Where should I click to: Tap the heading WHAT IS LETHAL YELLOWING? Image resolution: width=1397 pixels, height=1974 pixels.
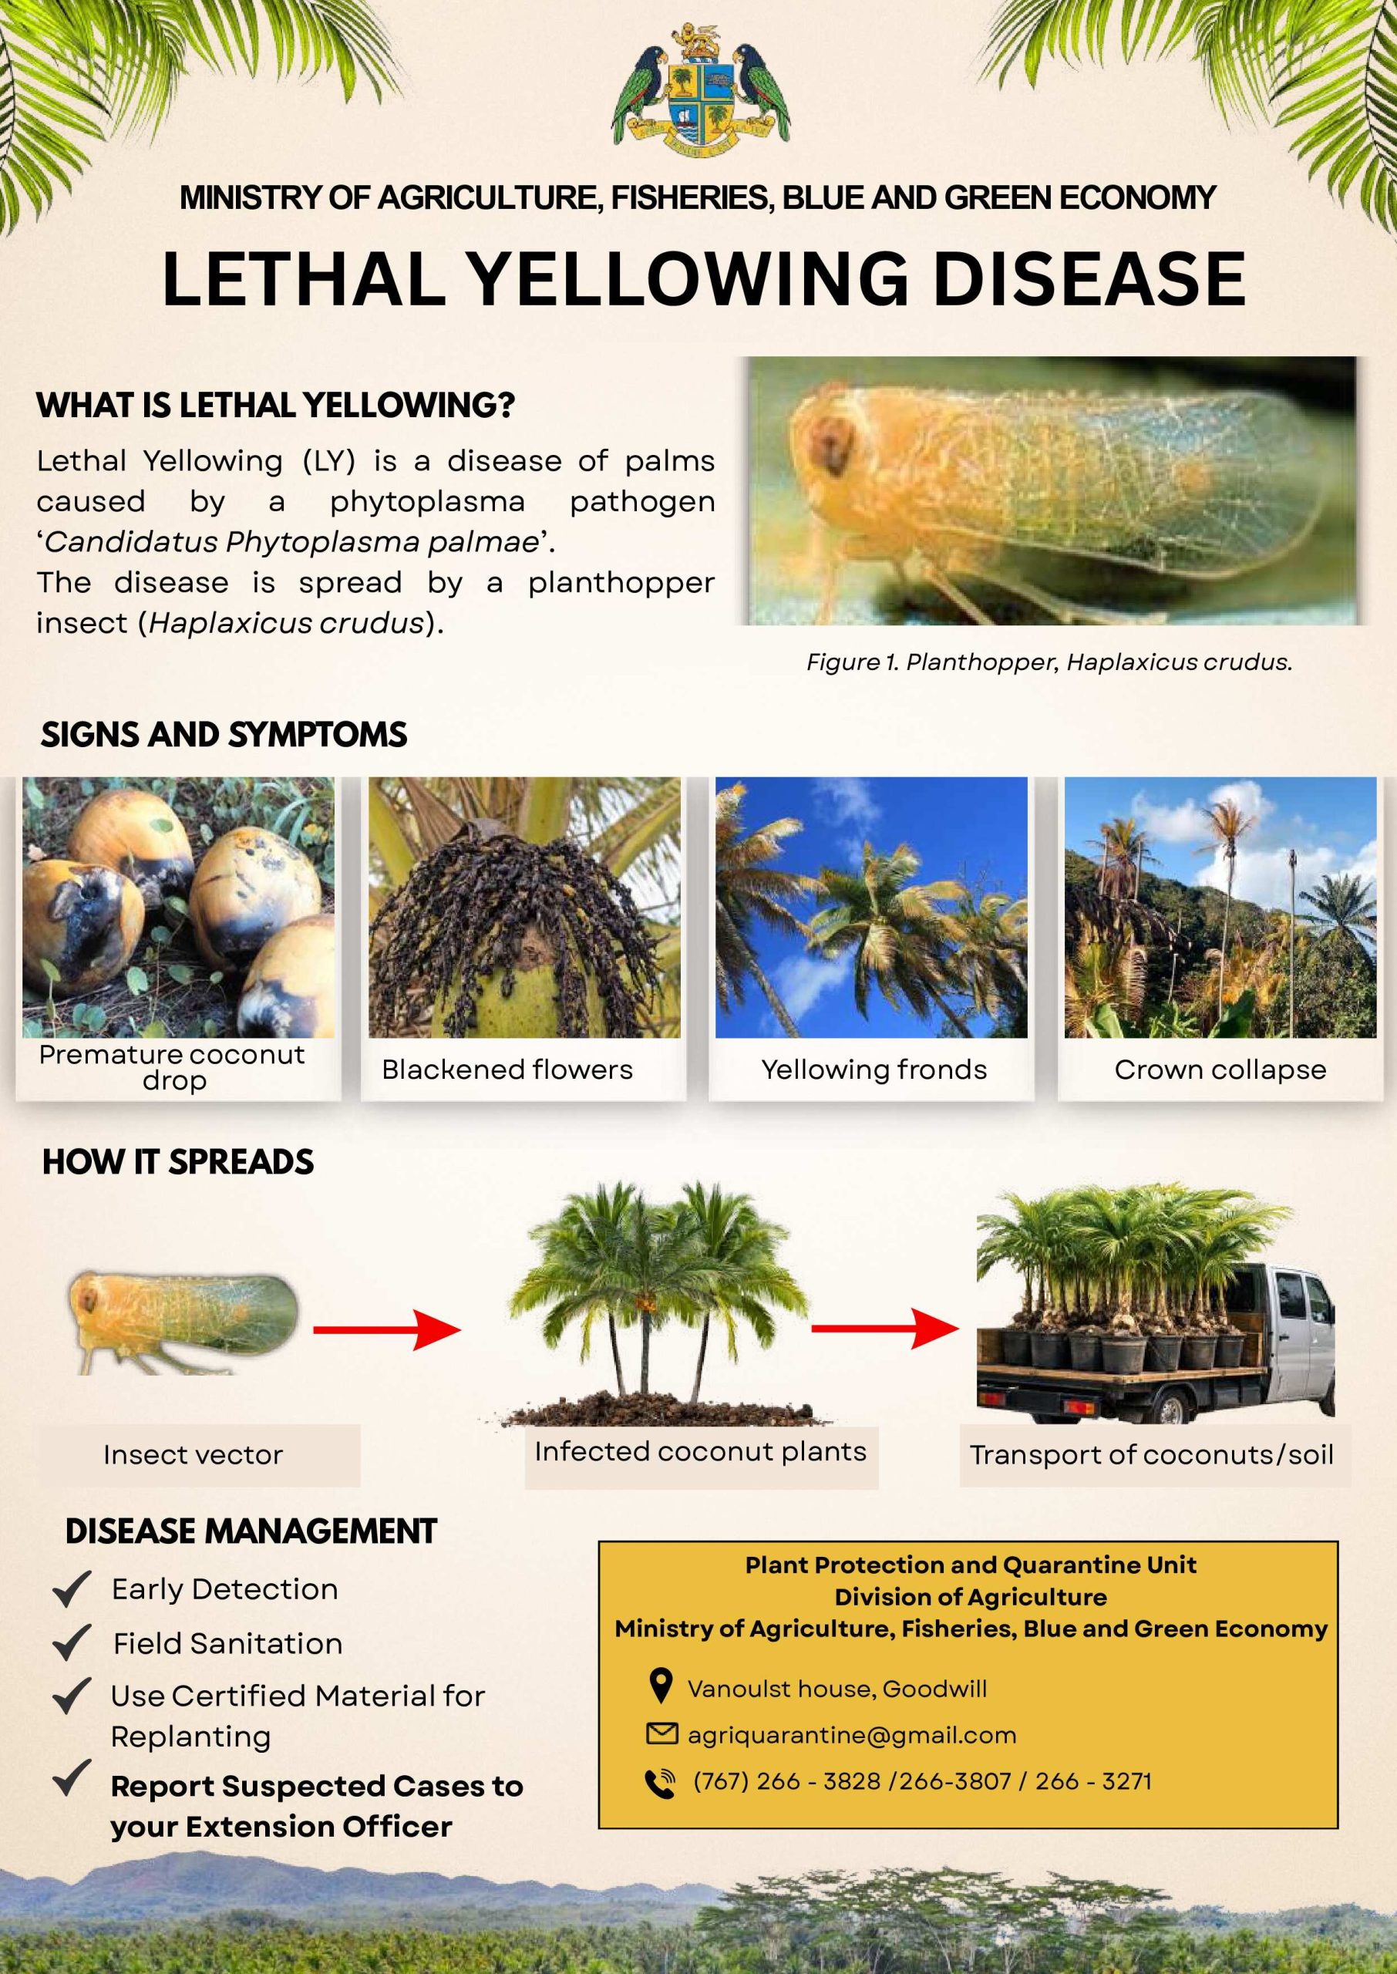click(x=275, y=405)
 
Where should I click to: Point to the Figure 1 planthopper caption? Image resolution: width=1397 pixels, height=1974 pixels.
click(x=1049, y=662)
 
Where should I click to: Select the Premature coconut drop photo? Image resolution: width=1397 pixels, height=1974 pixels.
click(x=178, y=907)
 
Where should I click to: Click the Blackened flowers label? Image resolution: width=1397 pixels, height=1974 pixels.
click(x=507, y=1070)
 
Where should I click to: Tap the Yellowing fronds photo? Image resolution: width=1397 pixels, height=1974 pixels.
click(x=871, y=907)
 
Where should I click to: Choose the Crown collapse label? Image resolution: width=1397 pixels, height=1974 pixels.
click(x=1220, y=1070)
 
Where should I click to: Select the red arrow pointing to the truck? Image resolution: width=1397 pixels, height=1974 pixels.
click(x=885, y=1328)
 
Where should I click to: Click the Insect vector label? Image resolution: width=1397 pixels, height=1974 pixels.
click(x=193, y=1454)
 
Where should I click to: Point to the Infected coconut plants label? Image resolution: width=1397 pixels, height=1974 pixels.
click(x=700, y=1451)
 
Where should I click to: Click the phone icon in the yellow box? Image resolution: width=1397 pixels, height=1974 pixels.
click(x=660, y=1784)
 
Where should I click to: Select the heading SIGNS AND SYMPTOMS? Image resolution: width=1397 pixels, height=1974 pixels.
click(x=224, y=735)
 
